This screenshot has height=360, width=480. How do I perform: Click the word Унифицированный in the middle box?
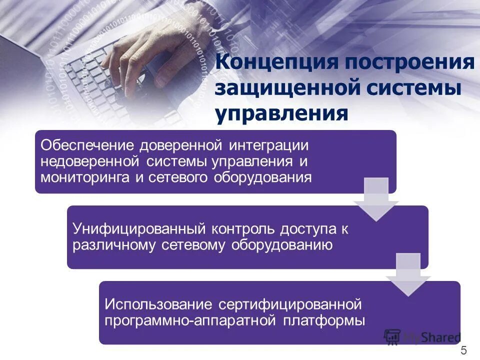(139, 229)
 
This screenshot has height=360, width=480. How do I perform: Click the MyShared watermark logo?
(422, 337)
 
